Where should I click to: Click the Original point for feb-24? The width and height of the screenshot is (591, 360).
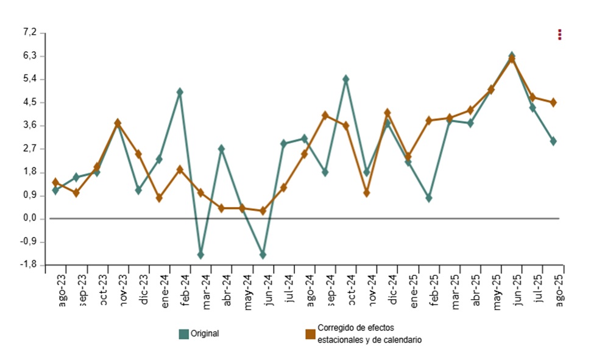pyautogui.click(x=180, y=92)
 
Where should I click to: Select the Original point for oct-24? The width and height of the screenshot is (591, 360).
pyautogui.click(x=345, y=79)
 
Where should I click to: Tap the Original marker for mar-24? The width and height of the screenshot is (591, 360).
pyautogui.click(x=200, y=255)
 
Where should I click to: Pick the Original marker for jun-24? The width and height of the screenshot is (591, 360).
pyautogui.click(x=263, y=255)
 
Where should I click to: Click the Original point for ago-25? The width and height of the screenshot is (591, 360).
pyautogui.click(x=553, y=141)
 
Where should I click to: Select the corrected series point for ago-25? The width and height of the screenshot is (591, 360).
pyautogui.click(x=553, y=102)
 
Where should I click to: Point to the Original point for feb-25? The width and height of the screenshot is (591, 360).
pyautogui.click(x=429, y=198)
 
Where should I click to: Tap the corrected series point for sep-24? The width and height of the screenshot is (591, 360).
pyautogui.click(x=325, y=115)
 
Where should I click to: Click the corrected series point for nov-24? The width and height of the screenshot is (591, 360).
pyautogui.click(x=367, y=193)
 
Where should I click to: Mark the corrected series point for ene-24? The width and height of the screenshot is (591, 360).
pyautogui.click(x=159, y=198)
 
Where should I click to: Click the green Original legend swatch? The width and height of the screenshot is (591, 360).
pyautogui.click(x=183, y=334)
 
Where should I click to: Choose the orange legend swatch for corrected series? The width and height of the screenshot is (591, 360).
pyautogui.click(x=310, y=334)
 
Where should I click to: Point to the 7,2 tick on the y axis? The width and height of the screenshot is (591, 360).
pyautogui.click(x=29, y=32)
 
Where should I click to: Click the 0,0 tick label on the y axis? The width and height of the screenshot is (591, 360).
pyautogui.click(x=29, y=219)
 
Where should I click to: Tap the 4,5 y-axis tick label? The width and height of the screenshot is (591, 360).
pyautogui.click(x=29, y=102)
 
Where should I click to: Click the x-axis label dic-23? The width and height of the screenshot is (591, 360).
pyautogui.click(x=144, y=290)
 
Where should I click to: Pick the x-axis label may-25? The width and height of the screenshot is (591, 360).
pyautogui.click(x=497, y=290)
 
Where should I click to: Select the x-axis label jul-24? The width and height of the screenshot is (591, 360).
pyautogui.click(x=289, y=289)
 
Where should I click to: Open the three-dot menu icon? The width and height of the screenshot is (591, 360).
pyautogui.click(x=560, y=35)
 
